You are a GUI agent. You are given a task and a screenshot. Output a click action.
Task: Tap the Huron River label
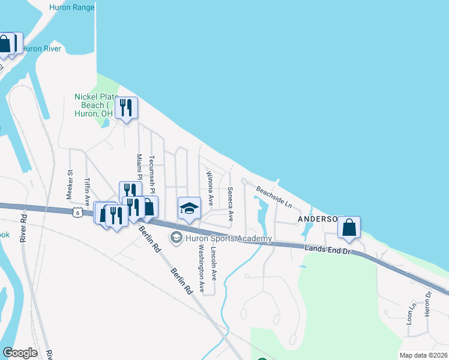(x=41, y=49)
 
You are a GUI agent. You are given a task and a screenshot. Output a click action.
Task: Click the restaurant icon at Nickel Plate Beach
(x=126, y=108)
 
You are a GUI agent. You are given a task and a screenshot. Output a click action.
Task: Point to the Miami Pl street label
(x=139, y=169)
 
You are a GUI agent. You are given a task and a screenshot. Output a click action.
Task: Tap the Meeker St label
(x=70, y=185)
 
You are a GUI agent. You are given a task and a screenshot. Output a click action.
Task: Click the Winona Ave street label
(x=210, y=188)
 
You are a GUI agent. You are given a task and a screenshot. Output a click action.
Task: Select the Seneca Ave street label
(x=230, y=203)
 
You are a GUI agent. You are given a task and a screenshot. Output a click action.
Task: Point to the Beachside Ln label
(x=274, y=197)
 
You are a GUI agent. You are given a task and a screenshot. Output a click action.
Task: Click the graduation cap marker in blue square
(x=189, y=208)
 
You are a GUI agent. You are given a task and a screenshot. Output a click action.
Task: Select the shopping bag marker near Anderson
(x=349, y=228)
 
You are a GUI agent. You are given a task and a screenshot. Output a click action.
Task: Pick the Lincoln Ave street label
(x=214, y=265)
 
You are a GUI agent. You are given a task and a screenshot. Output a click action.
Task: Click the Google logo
(x=20, y=353)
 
